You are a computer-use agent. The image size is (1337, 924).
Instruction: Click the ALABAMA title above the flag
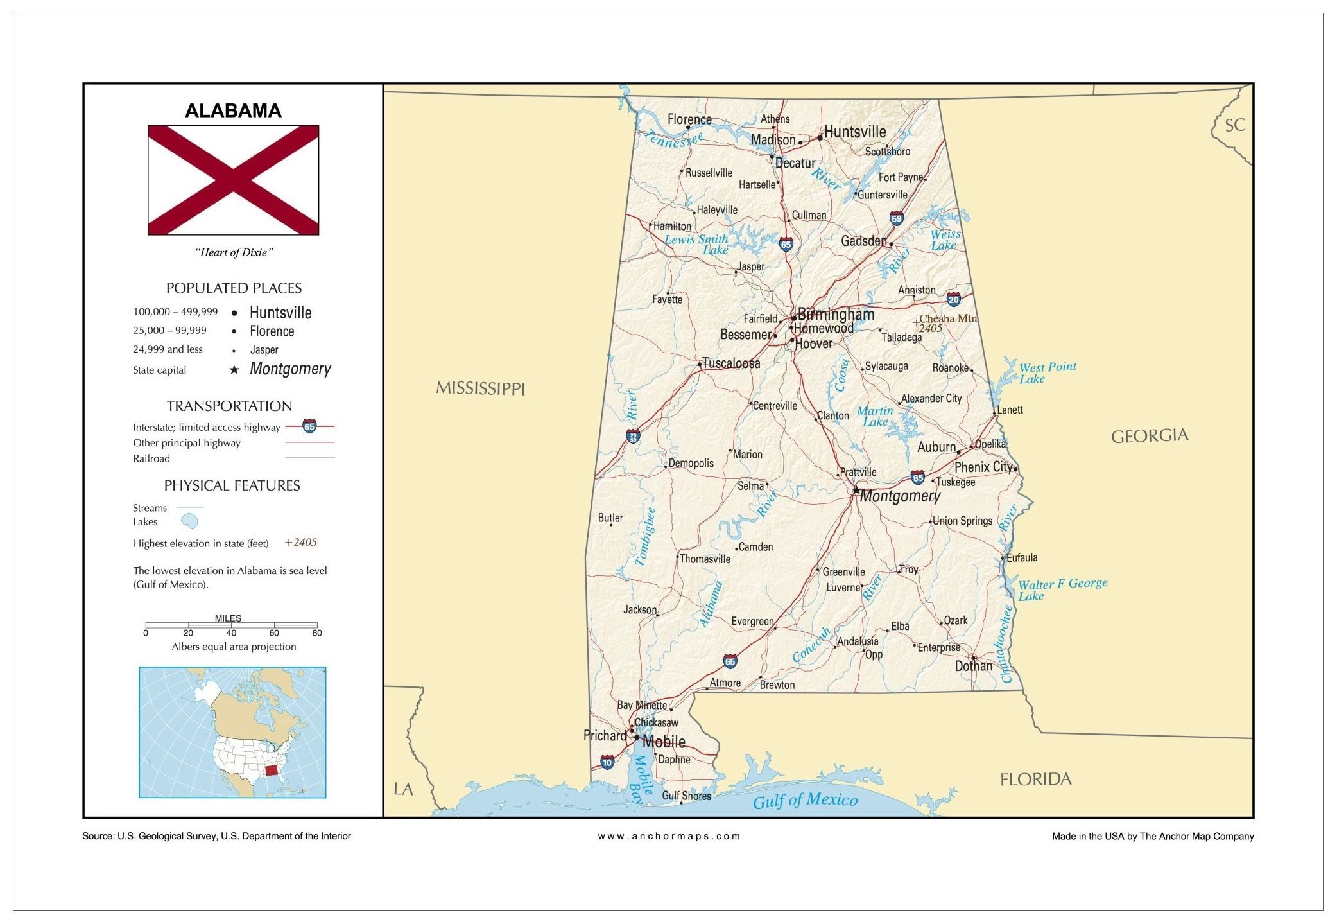233,110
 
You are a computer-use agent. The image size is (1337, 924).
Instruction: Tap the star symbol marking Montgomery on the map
856,490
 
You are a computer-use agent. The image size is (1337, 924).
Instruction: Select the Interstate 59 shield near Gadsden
897,218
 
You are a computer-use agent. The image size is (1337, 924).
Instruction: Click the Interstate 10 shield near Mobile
607,762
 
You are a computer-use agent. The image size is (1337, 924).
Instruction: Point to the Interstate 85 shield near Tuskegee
918,477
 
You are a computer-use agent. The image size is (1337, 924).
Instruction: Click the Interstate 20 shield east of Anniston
954,299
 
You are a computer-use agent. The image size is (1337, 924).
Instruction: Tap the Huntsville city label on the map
854,132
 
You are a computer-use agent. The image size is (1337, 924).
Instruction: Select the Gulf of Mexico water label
805,800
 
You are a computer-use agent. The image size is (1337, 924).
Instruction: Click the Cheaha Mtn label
947,318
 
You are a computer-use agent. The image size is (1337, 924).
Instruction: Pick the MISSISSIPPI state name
480,388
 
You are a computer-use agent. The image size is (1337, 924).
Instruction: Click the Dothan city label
973,666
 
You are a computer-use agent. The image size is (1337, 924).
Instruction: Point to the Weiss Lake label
945,240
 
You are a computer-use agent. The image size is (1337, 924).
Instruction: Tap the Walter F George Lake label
1062,589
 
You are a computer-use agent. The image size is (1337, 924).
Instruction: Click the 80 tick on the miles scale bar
317,632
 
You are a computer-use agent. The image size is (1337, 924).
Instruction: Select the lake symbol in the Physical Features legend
189,521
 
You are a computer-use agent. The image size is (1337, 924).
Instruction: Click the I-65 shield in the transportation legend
309,426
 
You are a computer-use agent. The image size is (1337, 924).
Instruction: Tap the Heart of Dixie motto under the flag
234,252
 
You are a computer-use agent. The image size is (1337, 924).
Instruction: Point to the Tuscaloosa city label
731,363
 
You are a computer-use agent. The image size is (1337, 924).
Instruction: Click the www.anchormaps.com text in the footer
669,836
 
